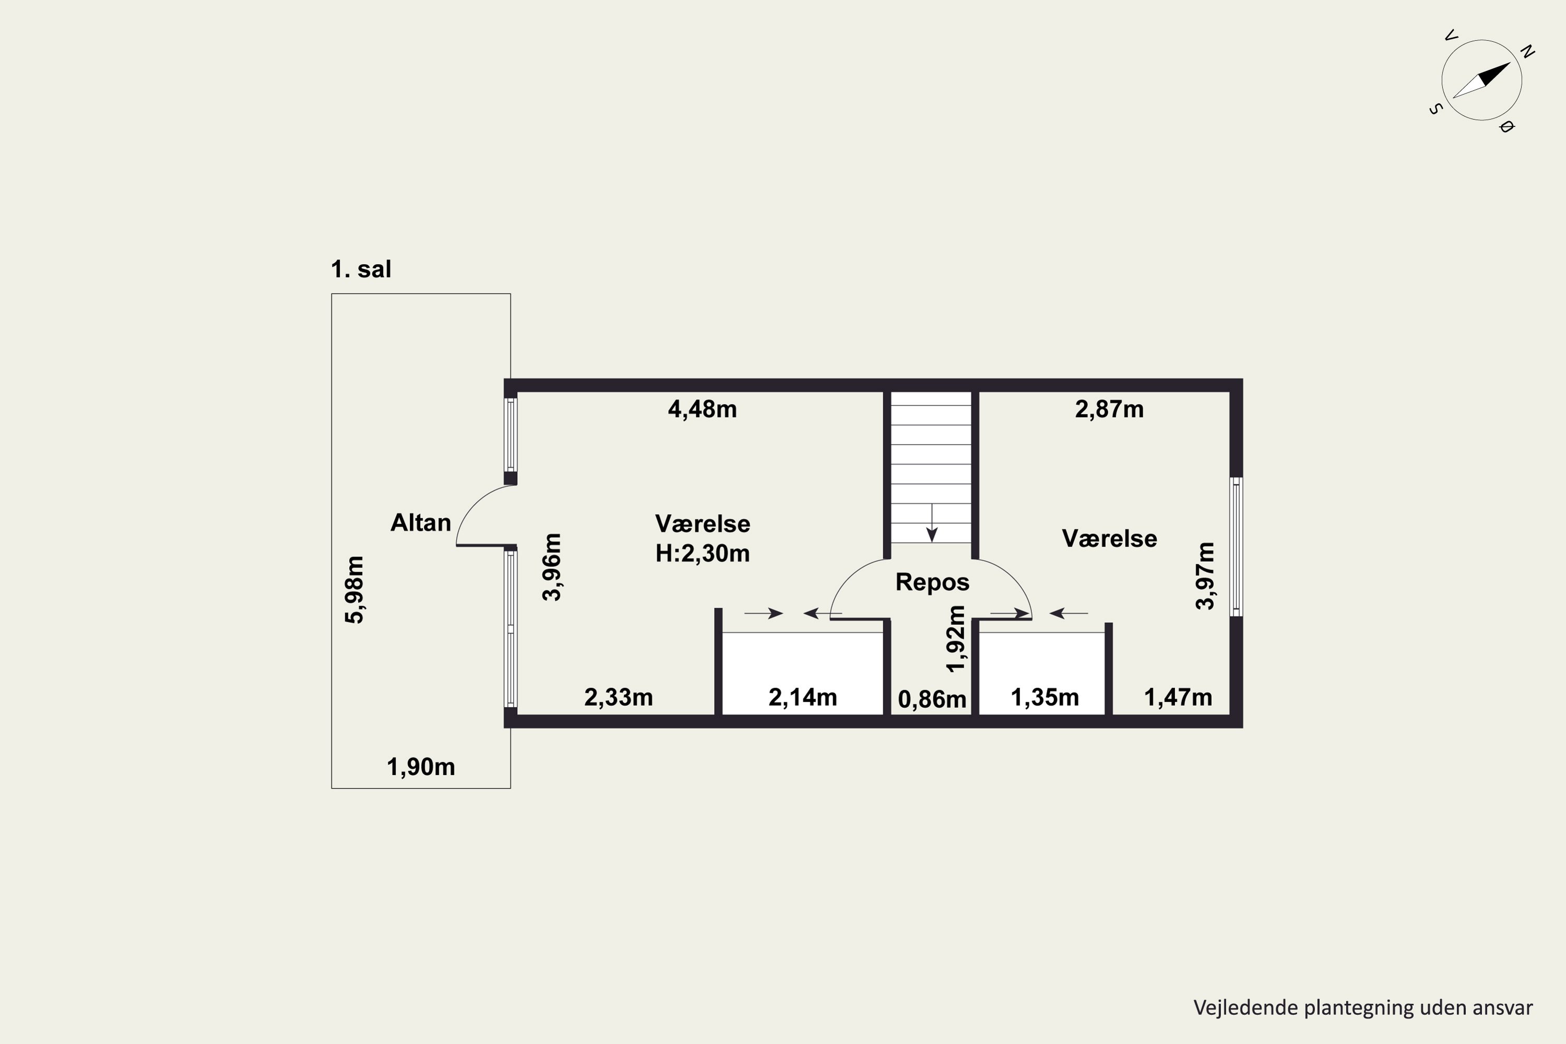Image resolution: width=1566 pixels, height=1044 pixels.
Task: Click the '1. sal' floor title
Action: click(x=361, y=269)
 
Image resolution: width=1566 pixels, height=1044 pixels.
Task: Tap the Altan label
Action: click(x=421, y=523)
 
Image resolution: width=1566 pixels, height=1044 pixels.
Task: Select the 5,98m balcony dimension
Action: click(x=354, y=590)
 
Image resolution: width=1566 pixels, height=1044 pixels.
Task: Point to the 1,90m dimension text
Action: click(x=421, y=767)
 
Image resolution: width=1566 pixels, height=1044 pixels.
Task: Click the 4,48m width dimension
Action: click(x=703, y=409)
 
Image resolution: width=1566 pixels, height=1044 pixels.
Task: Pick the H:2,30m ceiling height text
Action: click(x=703, y=553)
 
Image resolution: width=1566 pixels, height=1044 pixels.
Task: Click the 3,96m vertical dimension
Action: click(x=552, y=567)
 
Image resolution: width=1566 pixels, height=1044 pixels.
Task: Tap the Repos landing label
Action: click(x=932, y=582)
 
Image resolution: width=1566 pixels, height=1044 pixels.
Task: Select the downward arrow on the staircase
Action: click(x=932, y=523)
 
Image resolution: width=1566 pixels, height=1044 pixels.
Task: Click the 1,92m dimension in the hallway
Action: click(x=955, y=639)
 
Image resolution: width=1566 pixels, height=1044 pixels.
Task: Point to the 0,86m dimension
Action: click(x=932, y=699)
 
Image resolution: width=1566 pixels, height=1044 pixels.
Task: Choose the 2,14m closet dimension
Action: click(x=802, y=697)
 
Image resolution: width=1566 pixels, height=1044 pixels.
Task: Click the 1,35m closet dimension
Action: click(x=1045, y=697)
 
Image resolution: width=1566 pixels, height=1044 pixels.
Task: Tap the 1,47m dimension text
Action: click(x=1178, y=697)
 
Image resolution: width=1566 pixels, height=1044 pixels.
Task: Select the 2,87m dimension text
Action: click(x=1109, y=409)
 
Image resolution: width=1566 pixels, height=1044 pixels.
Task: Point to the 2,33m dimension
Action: click(x=619, y=697)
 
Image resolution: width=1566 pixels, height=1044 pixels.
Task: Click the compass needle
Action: click(x=1481, y=80)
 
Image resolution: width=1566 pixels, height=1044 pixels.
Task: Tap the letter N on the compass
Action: click(x=1527, y=51)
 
